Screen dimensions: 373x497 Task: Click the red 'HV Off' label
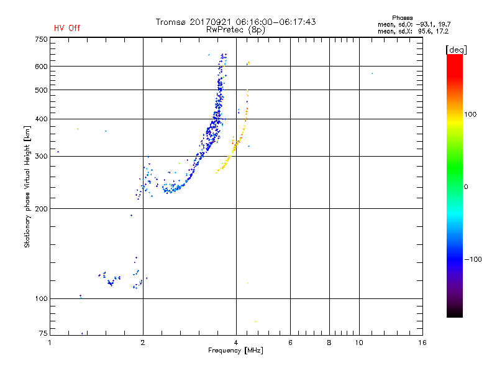tap(67, 28)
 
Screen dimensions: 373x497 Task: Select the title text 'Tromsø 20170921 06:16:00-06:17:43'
tap(235, 22)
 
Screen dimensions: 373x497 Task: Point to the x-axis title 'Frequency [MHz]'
tap(235, 351)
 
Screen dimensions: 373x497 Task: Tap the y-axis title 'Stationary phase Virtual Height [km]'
tap(27, 186)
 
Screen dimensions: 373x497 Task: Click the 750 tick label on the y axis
tap(41, 39)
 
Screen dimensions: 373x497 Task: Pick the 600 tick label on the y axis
tap(41, 67)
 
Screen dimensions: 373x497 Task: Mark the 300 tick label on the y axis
tap(41, 157)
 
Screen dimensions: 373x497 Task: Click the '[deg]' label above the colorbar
tap(456, 49)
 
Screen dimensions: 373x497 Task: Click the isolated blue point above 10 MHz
tap(372, 73)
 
